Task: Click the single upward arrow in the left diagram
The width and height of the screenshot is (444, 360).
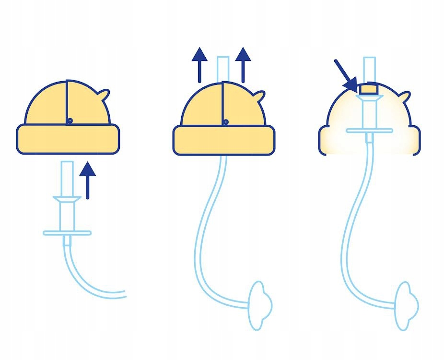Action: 87,180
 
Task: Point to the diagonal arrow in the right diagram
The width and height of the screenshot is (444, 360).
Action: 346,75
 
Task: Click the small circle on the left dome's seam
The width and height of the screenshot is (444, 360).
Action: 70,120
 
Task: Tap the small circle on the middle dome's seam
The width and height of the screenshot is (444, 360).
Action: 225,122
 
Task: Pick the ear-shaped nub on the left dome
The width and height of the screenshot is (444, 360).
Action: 105,96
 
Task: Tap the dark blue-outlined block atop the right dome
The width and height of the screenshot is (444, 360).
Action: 369,88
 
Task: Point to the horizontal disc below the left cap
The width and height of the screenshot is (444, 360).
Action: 67,233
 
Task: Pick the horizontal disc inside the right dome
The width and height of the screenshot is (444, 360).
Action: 369,130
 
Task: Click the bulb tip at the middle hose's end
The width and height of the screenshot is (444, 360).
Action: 261,305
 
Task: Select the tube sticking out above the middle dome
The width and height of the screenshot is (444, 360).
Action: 223,68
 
